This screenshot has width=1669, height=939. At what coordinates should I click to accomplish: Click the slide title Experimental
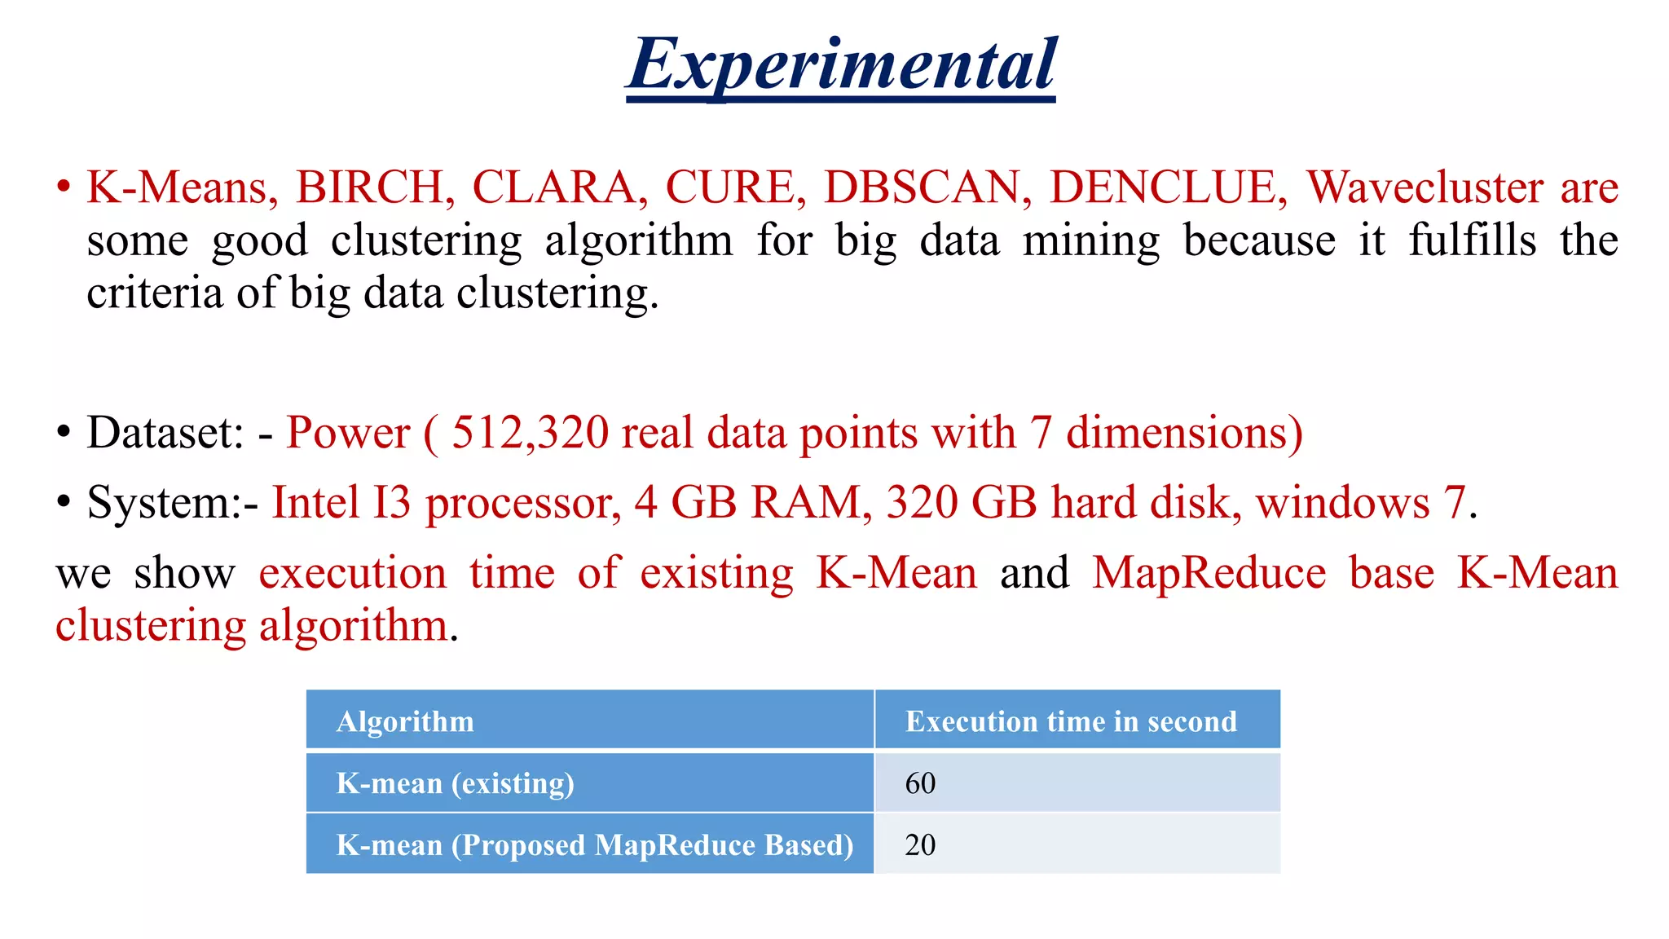click(x=841, y=65)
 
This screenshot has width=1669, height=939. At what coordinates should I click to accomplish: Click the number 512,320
click(x=530, y=432)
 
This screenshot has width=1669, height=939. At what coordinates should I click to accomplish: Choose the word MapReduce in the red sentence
click(x=1209, y=572)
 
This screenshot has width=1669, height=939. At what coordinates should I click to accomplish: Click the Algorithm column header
click(x=405, y=721)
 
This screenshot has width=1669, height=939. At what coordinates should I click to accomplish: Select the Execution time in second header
click(x=1071, y=721)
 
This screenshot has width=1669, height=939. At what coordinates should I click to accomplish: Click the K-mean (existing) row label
click(x=455, y=783)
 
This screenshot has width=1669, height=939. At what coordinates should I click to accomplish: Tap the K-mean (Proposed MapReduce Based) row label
click(x=595, y=845)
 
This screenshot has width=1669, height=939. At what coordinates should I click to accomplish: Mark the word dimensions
click(x=1184, y=432)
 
